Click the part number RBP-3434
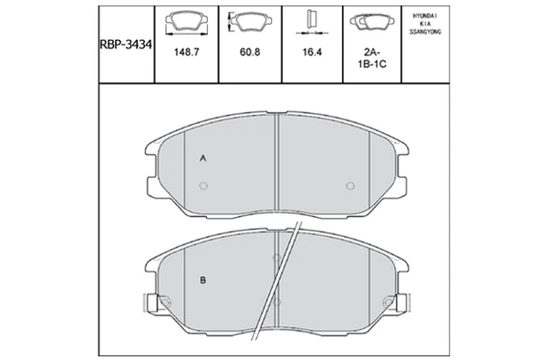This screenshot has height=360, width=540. [126, 45]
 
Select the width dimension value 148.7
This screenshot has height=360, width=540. [186, 52]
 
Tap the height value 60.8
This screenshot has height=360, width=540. [250, 52]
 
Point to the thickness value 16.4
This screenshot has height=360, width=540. [312, 52]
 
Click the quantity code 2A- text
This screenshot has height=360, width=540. [372, 52]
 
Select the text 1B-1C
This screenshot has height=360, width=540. [372, 64]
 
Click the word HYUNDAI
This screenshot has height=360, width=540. [425, 15]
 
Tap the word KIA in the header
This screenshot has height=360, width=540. [425, 24]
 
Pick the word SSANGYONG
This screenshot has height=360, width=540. [425, 32]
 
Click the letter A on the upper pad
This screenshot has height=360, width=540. [203, 159]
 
